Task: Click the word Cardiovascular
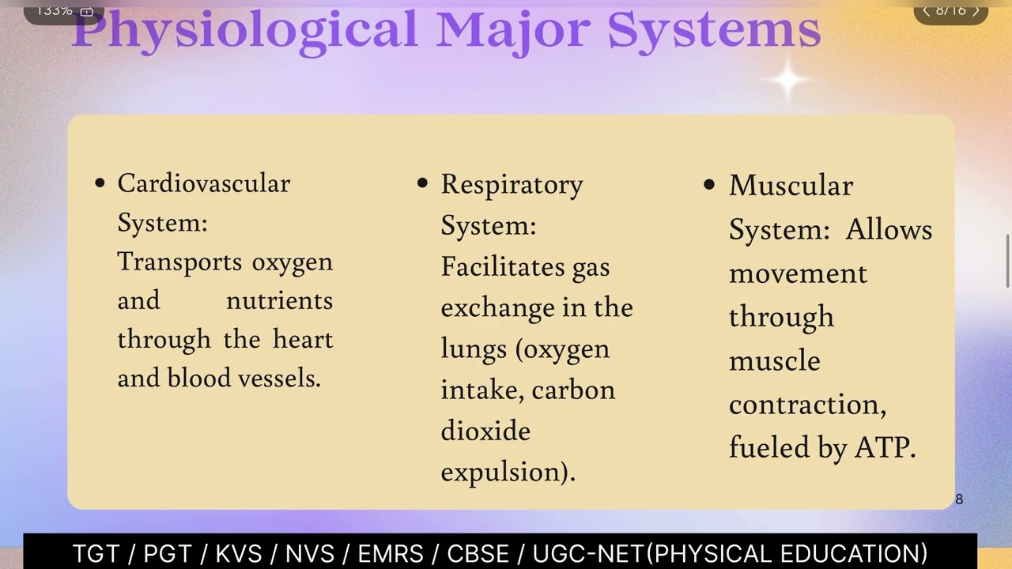[x=203, y=184]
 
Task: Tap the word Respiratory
[x=512, y=184]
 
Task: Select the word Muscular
[x=791, y=186]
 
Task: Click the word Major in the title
[x=512, y=30]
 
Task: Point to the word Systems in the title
[x=714, y=30]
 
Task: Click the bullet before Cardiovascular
[x=100, y=183]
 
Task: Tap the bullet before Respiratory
[x=422, y=183]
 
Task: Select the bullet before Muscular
[x=709, y=185]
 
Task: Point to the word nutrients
[x=279, y=300]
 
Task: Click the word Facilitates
[x=503, y=266]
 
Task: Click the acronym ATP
[x=884, y=448]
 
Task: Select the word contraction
[x=806, y=405]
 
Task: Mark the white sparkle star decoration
[x=788, y=80]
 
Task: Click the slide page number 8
[x=959, y=499]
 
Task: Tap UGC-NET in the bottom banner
[x=589, y=553]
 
